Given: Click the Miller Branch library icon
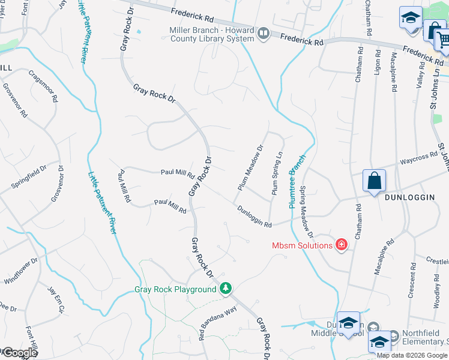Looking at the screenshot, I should coord(263,34).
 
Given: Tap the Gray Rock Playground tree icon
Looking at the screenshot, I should coord(226,289).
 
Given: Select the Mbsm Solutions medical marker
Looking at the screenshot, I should coord(341,245).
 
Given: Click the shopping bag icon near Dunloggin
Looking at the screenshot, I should coord(374,181).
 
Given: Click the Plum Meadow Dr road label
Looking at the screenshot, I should coord(251,168).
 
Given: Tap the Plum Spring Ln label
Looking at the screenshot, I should coord(277,173).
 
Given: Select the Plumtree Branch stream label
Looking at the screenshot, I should coord(297,181).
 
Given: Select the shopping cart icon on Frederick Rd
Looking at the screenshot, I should coord(442,41).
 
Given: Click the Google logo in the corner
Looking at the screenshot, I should coord(19,353).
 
